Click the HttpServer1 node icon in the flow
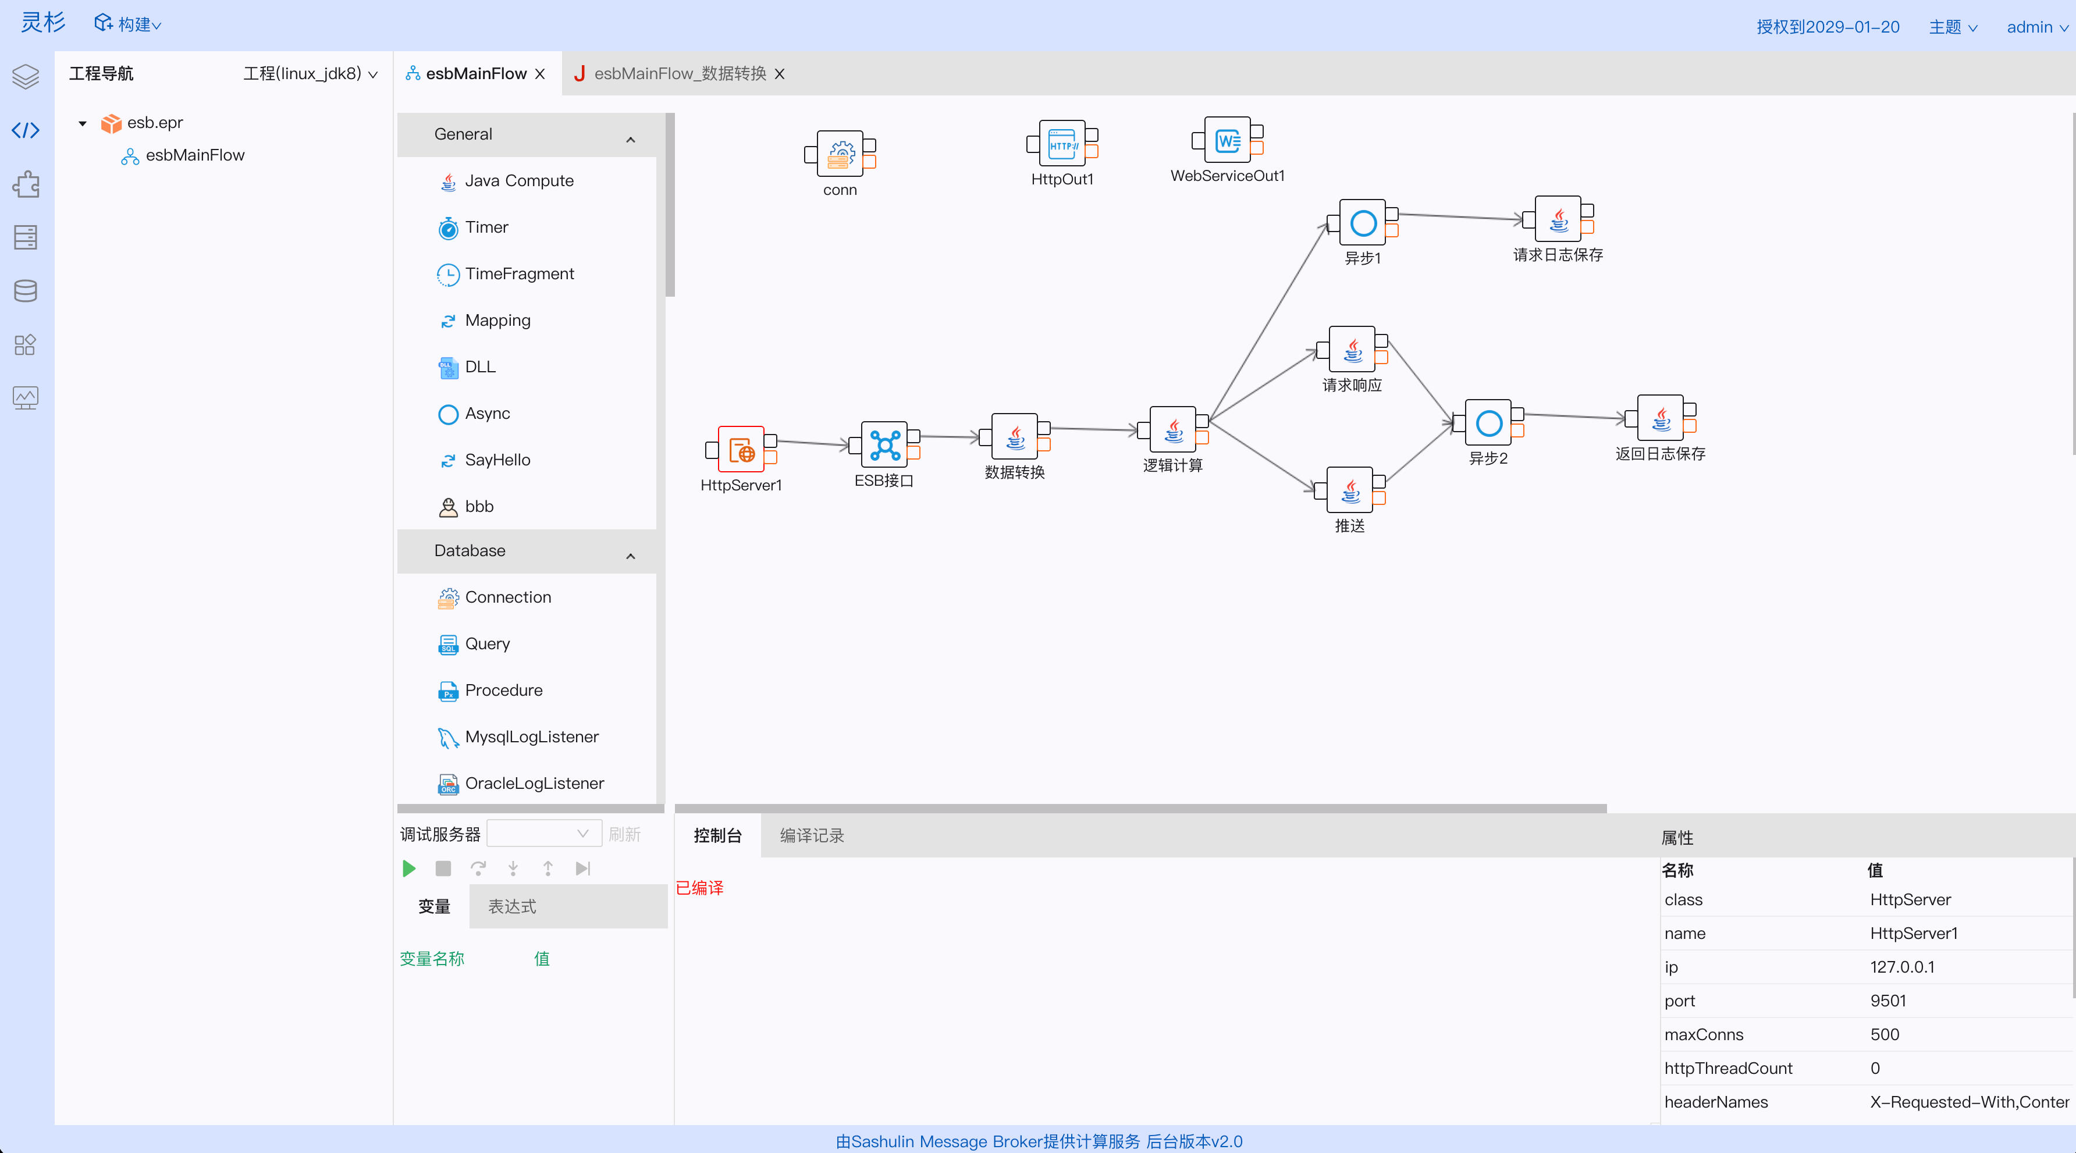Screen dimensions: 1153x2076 741,450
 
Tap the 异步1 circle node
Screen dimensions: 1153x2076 1363,222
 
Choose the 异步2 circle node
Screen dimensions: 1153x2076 1488,423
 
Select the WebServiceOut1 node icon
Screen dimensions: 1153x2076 1227,141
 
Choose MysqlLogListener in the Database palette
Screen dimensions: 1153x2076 531,737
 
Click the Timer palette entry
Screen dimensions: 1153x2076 486,228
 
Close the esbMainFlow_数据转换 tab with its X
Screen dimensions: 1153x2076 779,74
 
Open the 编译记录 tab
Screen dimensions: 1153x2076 812,835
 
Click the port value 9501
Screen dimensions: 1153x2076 1887,1001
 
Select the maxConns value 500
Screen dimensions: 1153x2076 1884,1034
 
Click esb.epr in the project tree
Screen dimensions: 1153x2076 155,123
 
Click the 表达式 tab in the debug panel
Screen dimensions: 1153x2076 513,906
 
